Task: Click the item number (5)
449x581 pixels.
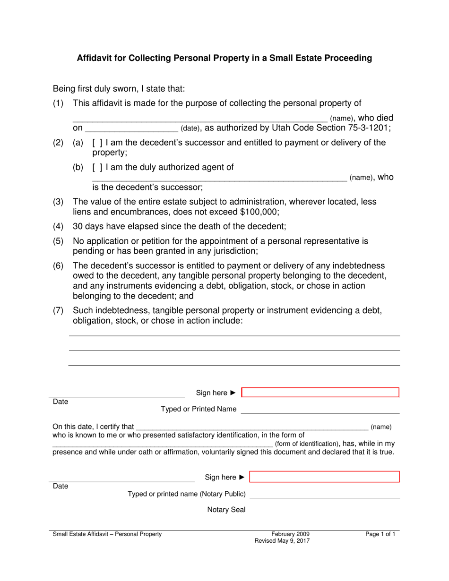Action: pyautogui.click(x=58, y=241)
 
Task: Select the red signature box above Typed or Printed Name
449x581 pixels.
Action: pyautogui.click(x=320, y=393)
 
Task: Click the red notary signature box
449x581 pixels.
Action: pyautogui.click(x=324, y=477)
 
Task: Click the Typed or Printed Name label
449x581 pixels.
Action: pyautogui.click(x=199, y=409)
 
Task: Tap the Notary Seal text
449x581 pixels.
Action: pyautogui.click(x=226, y=510)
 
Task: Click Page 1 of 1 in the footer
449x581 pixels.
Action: pyautogui.click(x=380, y=534)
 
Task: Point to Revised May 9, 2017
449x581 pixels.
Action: pyautogui.click(x=282, y=541)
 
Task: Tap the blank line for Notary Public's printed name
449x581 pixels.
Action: pyautogui.click(x=324, y=495)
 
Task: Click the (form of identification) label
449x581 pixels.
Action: pyautogui.click(x=307, y=444)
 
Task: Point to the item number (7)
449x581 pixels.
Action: pyautogui.click(x=58, y=310)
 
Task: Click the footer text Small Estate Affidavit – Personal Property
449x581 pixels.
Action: pyautogui.click(x=107, y=534)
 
